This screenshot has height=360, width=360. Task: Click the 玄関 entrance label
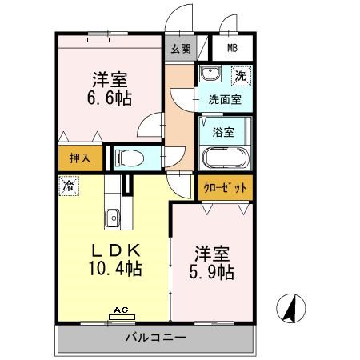coord(178,47)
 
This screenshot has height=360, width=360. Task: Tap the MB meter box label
coord(232,47)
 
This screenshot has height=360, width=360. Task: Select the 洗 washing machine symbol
coord(239,77)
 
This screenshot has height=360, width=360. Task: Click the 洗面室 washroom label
coord(225,100)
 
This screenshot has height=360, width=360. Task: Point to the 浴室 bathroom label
coord(224,131)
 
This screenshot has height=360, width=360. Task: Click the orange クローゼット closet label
coord(225,187)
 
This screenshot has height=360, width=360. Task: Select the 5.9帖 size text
coord(211,272)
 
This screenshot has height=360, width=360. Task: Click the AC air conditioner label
coord(121,309)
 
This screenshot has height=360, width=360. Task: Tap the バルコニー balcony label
coord(156,337)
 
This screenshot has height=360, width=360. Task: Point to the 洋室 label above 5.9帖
coord(212,253)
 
